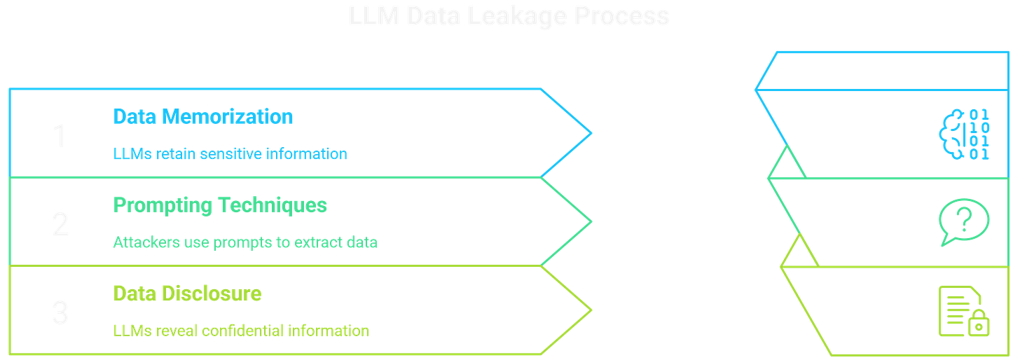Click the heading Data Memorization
pos(202,116)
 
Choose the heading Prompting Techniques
pos(219,205)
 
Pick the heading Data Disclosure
pos(186,293)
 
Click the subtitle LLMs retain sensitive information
pos(230,154)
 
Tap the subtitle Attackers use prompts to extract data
pos(245,242)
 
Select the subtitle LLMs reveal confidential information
pos(241,330)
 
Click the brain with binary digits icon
pos(965,134)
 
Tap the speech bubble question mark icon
pos(964,221)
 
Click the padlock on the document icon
pos(978,324)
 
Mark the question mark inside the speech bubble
pos(965,219)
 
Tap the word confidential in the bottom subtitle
pos(242,330)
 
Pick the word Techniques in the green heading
pos(273,205)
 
